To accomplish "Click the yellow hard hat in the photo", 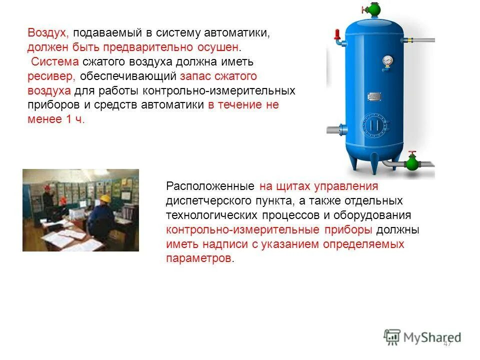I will [104, 199].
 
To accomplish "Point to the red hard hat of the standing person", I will [47, 188].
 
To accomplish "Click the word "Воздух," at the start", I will [48, 33].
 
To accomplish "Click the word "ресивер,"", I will [51, 76].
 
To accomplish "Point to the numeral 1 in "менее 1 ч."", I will [69, 119].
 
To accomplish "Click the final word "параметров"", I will [199, 259].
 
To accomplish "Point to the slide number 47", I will [447, 343].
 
